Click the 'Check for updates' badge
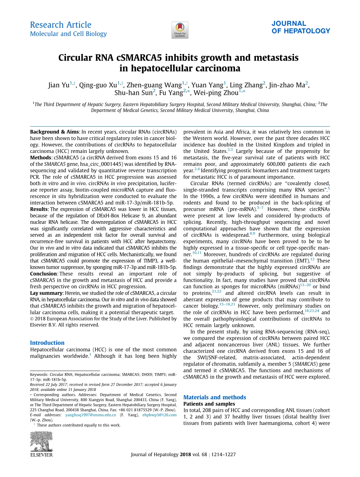180,30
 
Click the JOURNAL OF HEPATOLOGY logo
301,27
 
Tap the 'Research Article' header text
61,25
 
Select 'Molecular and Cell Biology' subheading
68,34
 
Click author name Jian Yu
59,85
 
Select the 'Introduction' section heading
47,343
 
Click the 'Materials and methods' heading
214,397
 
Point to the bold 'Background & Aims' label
55,132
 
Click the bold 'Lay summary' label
46,293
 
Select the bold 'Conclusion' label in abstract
43,274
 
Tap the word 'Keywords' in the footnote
39,374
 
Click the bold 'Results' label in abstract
39,209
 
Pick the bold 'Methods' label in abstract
41,158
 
